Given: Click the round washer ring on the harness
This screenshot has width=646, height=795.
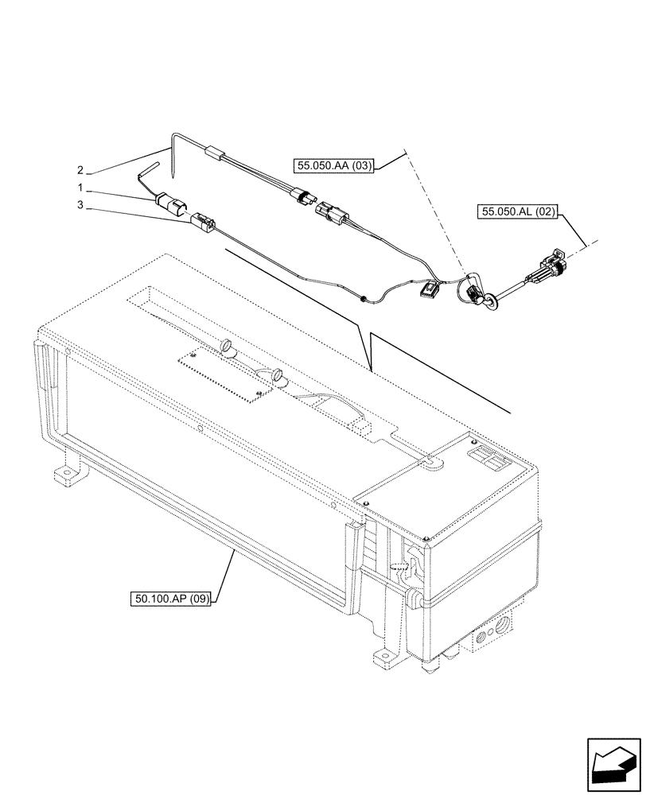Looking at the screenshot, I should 492,299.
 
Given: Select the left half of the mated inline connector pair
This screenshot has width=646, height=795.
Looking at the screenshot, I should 303,196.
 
